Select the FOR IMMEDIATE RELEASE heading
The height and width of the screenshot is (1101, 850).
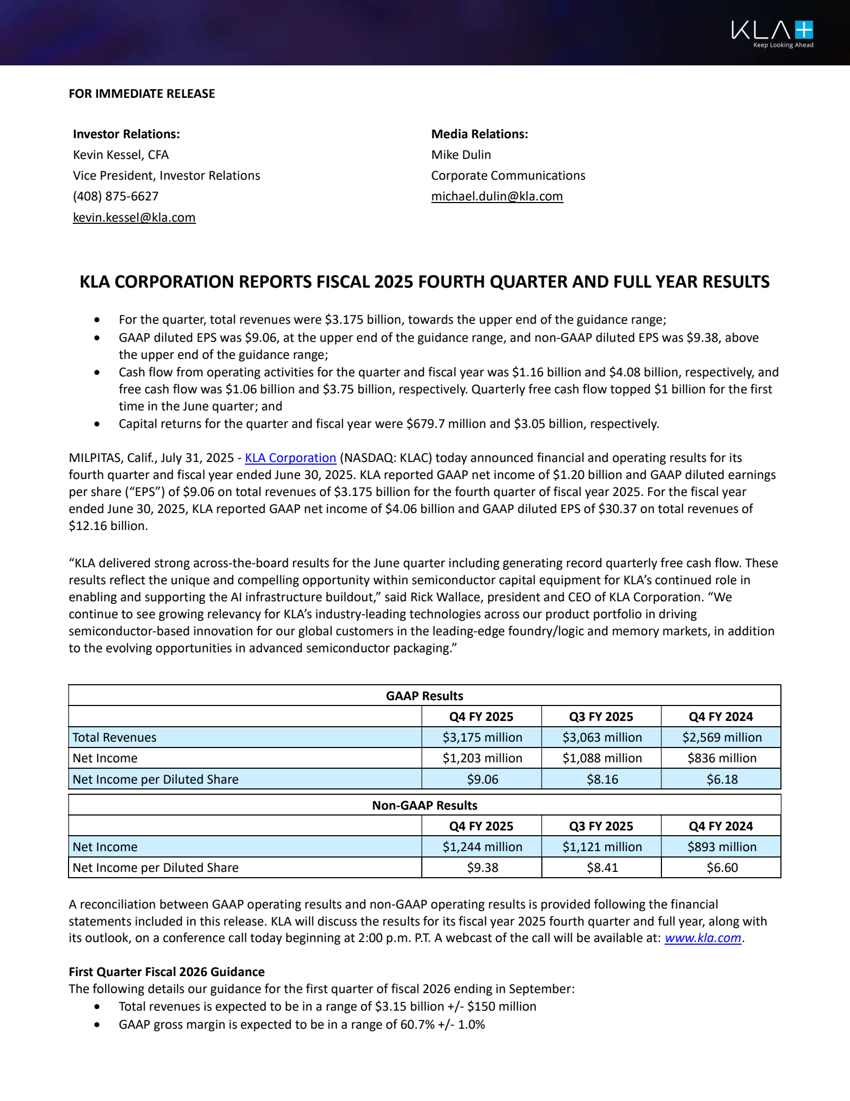pyautogui.click(x=142, y=94)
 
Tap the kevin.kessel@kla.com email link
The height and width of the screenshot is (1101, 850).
pyautogui.click(x=134, y=217)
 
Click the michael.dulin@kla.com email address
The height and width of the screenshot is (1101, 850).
pyautogui.click(x=497, y=196)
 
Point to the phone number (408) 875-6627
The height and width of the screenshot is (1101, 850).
pyautogui.click(x=116, y=196)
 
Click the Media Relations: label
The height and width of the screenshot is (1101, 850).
pyautogui.click(x=479, y=134)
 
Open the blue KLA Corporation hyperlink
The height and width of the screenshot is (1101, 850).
pyautogui.click(x=291, y=458)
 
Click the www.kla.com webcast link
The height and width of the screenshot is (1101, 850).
pyautogui.click(x=702, y=938)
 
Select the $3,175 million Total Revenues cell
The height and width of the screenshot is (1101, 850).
pyautogui.click(x=482, y=737)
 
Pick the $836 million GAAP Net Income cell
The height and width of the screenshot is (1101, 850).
pyautogui.click(x=721, y=758)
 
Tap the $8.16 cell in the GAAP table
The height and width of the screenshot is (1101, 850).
pyautogui.click(x=602, y=779)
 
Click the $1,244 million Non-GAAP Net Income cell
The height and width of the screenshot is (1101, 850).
pyautogui.click(x=482, y=847)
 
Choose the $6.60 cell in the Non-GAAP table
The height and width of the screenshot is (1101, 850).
pyautogui.click(x=721, y=868)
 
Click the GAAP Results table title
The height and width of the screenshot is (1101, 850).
pyautogui.click(x=424, y=696)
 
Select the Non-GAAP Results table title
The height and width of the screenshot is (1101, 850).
pyautogui.click(x=424, y=805)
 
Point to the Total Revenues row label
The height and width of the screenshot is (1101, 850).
pyautogui.click(x=114, y=737)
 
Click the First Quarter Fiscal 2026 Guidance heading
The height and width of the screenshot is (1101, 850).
pyautogui.click(x=166, y=972)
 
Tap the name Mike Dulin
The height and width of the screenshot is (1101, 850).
pyautogui.click(x=461, y=155)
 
